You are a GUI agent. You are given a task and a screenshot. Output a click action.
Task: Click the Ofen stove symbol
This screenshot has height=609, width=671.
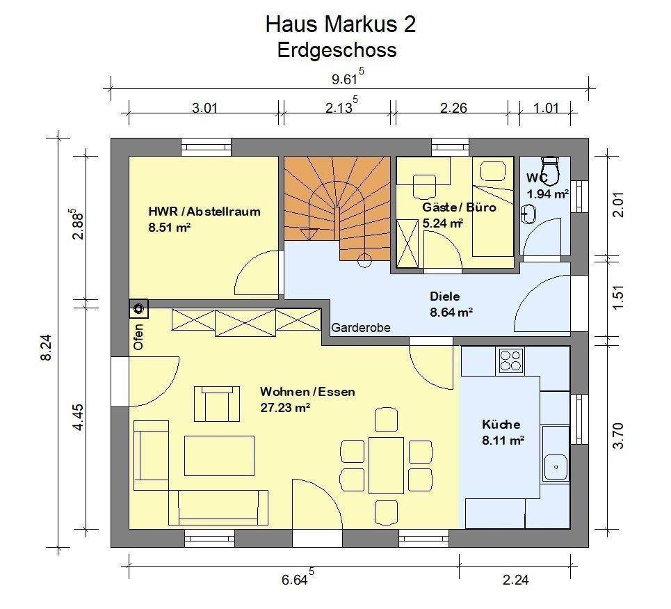[x=139, y=308]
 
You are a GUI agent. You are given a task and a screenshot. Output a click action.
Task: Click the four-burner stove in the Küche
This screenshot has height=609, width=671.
[x=510, y=361]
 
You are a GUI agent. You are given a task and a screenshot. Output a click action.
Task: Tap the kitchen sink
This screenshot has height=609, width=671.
[x=556, y=465]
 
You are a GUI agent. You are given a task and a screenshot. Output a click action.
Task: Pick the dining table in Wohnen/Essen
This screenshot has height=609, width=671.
[x=386, y=464]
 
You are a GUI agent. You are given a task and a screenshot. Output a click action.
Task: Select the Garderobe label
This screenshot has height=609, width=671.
[x=360, y=327]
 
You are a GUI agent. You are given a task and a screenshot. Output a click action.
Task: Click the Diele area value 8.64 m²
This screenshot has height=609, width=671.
[x=451, y=313]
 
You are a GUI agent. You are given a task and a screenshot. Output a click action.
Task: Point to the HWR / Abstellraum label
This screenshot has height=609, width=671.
[x=204, y=212]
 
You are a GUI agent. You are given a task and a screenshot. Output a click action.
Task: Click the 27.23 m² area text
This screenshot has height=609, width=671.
[x=285, y=409]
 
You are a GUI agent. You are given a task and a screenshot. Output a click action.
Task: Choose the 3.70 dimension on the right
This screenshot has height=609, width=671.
[x=618, y=436]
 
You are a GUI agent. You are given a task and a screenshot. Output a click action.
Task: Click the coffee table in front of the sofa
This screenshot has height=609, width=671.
[x=219, y=455]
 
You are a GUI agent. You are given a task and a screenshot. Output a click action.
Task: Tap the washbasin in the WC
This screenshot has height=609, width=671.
[x=530, y=213]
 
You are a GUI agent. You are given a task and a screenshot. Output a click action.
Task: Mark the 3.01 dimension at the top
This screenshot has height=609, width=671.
[x=204, y=107]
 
